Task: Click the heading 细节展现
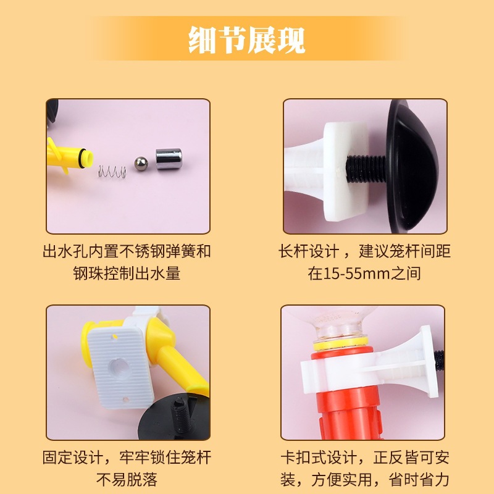246,40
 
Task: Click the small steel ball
141,164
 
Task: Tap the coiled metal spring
112,172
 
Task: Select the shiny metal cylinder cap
169,159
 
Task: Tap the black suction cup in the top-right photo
412,166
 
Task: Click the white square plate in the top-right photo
346,171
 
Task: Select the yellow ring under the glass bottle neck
341,343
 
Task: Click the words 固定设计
73,458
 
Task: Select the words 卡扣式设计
319,458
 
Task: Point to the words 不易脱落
127,480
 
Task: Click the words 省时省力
419,480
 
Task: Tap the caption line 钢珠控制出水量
127,273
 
